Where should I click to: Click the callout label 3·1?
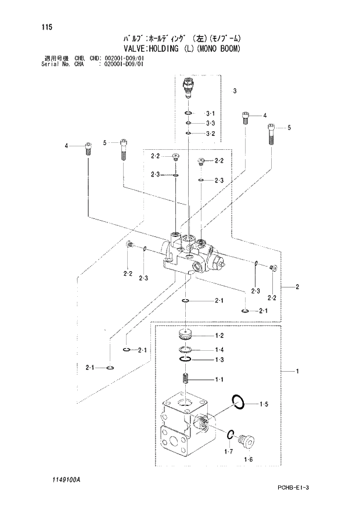click(x=210, y=113)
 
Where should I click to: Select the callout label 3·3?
click(x=210, y=124)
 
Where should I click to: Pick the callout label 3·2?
click(x=210, y=134)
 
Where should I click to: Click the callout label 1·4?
click(x=219, y=350)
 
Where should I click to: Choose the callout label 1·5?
click(x=264, y=404)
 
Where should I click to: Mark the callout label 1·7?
click(x=228, y=451)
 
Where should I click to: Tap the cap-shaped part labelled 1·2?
click(x=186, y=335)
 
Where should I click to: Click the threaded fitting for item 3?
click(x=188, y=87)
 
